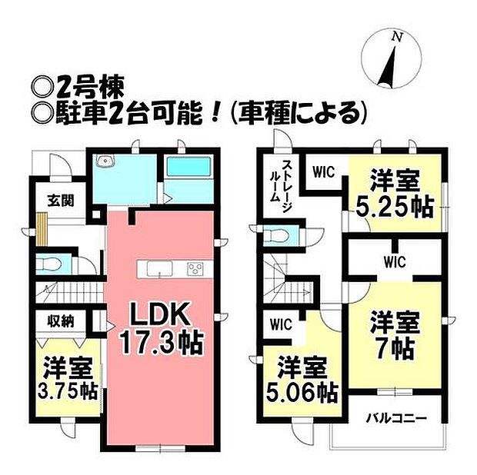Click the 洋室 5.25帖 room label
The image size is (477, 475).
click(x=394, y=194)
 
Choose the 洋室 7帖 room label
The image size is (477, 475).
click(x=393, y=334)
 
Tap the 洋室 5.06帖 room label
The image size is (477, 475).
click(x=300, y=380)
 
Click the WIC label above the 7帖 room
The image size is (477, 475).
click(x=394, y=262)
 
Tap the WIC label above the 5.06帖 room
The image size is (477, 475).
click(x=280, y=324)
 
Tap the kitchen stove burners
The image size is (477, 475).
click(x=195, y=268)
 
